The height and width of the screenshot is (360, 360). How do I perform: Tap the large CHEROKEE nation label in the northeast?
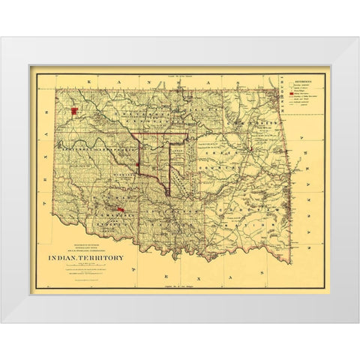tap(255, 127)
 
